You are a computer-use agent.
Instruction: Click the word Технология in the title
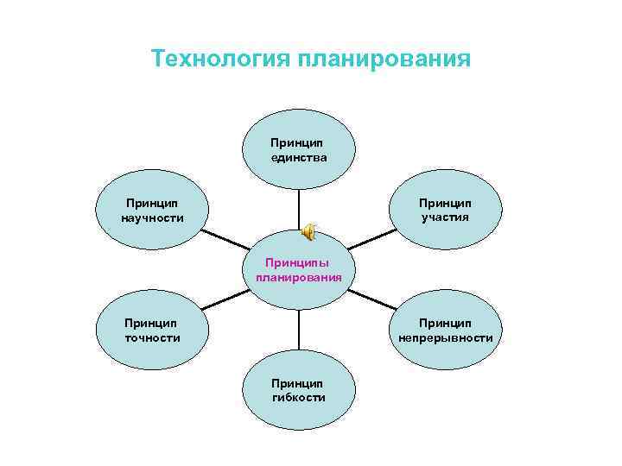[221, 59]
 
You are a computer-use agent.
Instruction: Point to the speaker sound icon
[308, 232]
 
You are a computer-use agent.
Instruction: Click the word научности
[153, 217]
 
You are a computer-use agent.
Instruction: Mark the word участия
[446, 217]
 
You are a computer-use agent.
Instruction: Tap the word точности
[153, 337]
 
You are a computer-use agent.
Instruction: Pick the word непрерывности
[446, 337]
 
